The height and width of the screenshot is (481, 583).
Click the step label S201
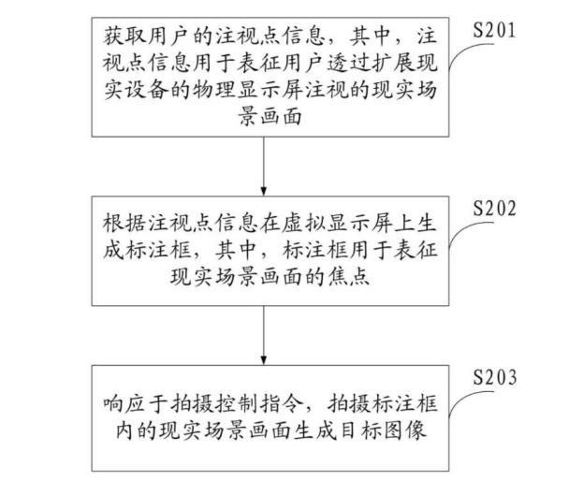pyautogui.click(x=494, y=30)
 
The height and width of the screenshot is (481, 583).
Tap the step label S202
pyautogui.click(x=494, y=208)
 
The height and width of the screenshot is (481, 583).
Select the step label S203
pyautogui.click(x=494, y=377)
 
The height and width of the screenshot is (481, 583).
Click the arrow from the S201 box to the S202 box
pyautogui.click(x=264, y=167)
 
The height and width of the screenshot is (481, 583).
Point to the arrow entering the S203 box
pyautogui.click(x=264, y=335)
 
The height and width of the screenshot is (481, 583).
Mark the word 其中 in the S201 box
pyautogui.click(x=372, y=36)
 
